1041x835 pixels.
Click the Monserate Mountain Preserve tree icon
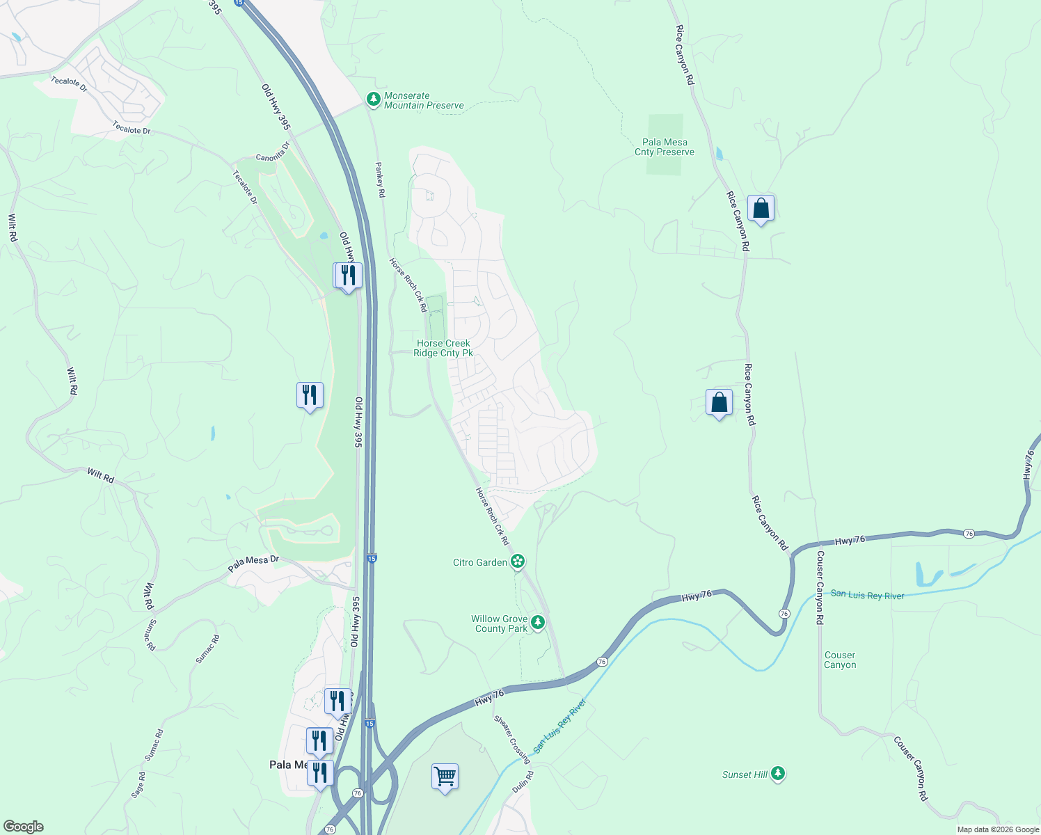pos(374,100)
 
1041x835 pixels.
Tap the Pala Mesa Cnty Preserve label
pos(665,147)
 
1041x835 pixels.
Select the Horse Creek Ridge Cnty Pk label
pos(443,348)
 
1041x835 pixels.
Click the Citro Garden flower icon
pos(517,562)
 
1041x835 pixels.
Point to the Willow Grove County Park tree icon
pos(537,622)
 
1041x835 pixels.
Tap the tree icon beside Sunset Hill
pos(778,773)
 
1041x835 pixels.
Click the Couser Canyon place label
pos(840,660)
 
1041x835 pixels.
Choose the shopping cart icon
pos(445,775)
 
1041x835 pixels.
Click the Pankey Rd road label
pos(380,180)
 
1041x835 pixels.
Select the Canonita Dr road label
pos(272,153)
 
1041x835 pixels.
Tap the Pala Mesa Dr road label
pos(253,564)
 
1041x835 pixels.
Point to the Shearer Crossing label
pos(512,739)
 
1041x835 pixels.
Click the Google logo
pos(24,827)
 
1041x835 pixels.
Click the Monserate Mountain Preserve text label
pos(424,100)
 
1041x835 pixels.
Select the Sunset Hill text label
pos(745,774)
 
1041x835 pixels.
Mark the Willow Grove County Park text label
pos(499,623)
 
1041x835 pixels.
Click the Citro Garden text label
pos(480,562)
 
